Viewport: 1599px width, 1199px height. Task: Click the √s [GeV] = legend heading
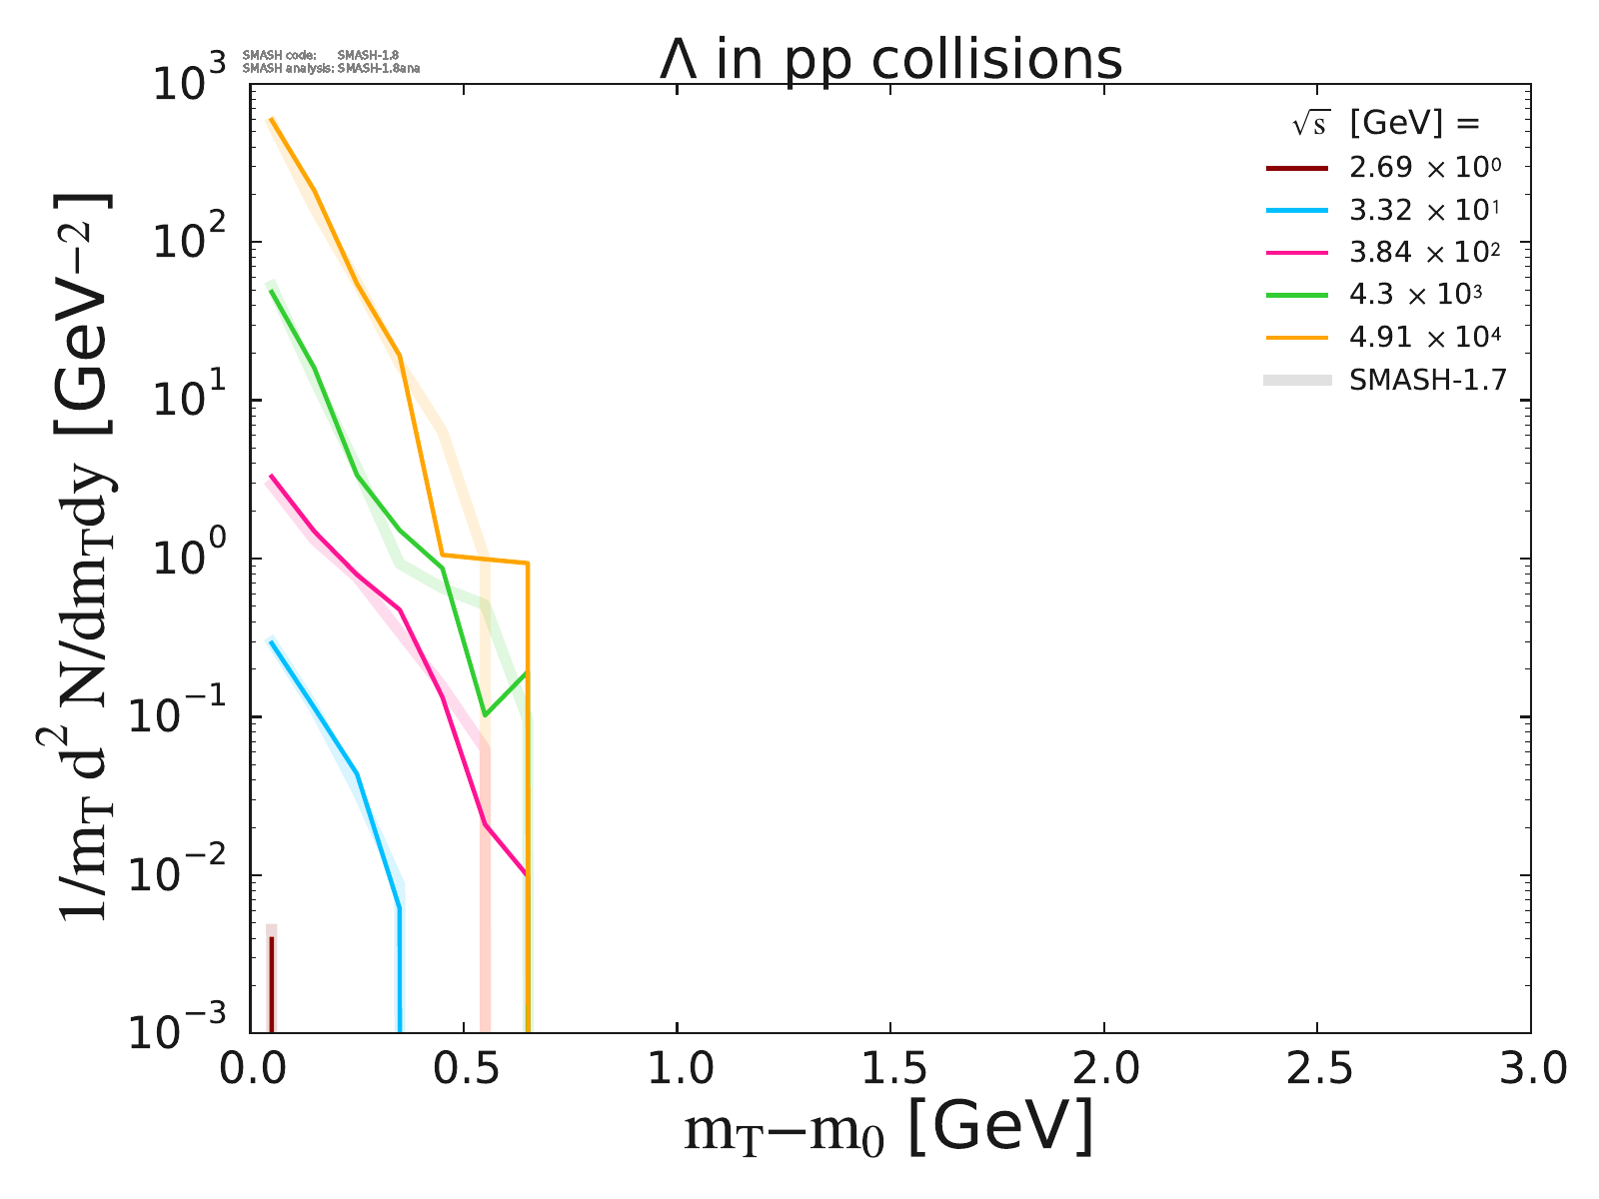(x=1384, y=124)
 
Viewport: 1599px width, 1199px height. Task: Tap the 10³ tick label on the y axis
(x=191, y=85)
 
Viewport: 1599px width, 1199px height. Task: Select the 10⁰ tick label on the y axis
(x=191, y=560)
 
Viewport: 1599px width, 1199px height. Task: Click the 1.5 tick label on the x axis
(x=889, y=1068)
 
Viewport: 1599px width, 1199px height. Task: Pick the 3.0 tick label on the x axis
(x=1529, y=1068)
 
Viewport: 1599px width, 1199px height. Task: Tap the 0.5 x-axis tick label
(x=463, y=1068)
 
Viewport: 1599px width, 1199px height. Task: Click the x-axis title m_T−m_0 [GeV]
(x=888, y=1129)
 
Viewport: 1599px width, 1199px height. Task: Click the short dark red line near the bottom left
(x=271, y=984)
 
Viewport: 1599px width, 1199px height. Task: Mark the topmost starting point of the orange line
(x=271, y=119)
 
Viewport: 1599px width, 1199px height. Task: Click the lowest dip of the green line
(x=485, y=714)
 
